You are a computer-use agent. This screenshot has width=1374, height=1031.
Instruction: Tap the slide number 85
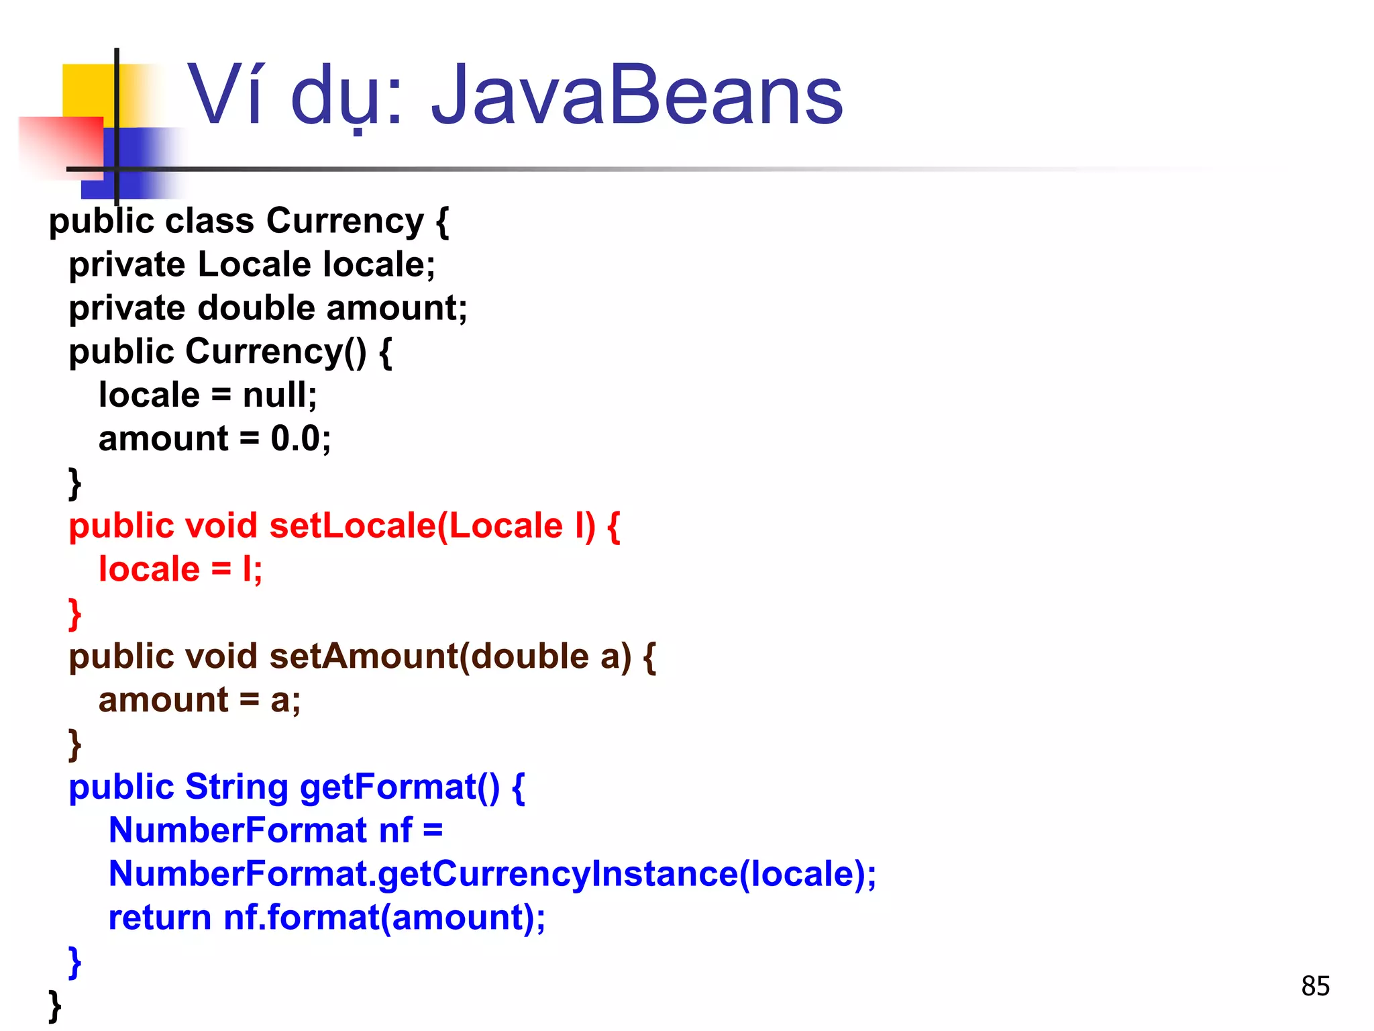point(1315,986)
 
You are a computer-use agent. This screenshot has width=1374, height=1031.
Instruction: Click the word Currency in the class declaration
point(345,221)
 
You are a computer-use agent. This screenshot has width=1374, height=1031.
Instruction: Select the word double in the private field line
point(256,308)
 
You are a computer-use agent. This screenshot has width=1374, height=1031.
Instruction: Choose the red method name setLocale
point(352,526)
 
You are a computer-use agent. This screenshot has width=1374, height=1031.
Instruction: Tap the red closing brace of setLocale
point(74,613)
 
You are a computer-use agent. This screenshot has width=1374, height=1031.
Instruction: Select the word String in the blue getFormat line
point(236,787)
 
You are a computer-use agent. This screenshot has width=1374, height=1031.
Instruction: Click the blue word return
point(160,918)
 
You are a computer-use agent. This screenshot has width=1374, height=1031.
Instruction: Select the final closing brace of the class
point(55,1005)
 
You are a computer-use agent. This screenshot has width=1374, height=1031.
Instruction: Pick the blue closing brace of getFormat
point(74,962)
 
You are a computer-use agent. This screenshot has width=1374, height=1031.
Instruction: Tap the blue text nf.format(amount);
point(384,918)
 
